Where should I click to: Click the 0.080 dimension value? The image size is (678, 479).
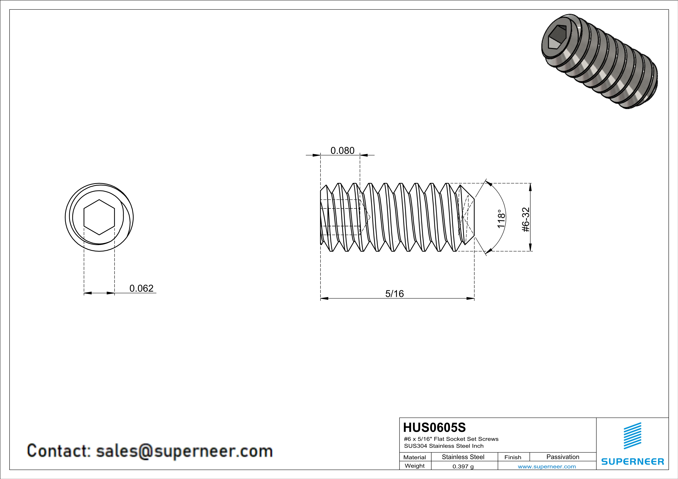342,151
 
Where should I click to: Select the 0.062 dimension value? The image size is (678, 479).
142,288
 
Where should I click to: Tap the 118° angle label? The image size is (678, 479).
501,219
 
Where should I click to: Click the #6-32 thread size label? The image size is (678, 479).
526,220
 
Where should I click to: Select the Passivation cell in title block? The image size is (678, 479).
563,457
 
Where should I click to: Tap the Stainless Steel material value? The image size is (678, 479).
463,457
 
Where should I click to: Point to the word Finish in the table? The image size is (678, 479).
513,457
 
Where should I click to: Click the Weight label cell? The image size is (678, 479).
415,466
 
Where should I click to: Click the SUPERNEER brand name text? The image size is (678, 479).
633,462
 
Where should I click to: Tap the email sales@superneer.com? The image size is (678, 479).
184,451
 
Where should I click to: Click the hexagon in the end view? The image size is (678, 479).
99,217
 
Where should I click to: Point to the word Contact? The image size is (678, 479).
58,451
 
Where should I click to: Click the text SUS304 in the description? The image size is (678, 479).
415,446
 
